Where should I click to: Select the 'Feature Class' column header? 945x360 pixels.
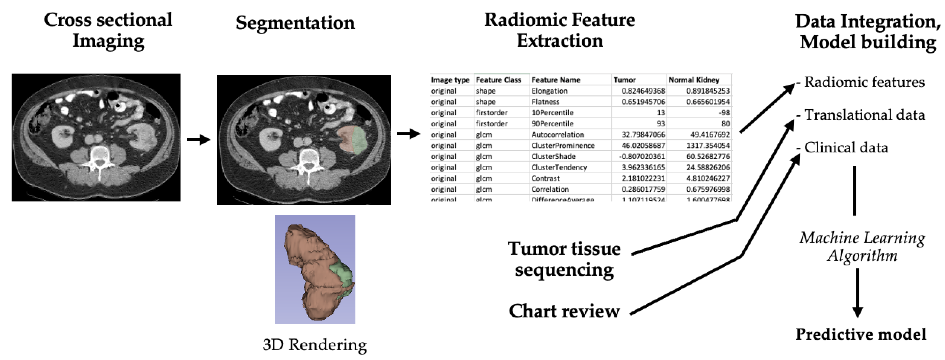pyautogui.click(x=498, y=80)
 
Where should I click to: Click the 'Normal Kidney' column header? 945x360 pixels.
pyautogui.click(x=694, y=80)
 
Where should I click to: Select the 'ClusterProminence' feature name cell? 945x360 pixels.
pyautogui.click(x=563, y=146)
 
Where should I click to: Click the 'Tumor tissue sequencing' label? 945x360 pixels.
pyautogui.click(x=564, y=259)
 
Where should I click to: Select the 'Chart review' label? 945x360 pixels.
pyautogui.click(x=564, y=311)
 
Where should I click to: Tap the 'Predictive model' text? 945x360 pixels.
pyautogui.click(x=861, y=334)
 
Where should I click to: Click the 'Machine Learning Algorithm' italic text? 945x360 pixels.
pyautogui.click(x=862, y=247)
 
